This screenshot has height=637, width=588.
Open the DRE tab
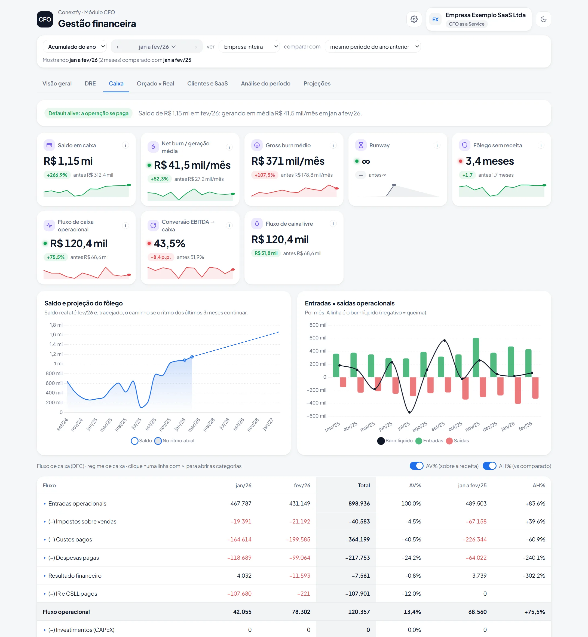(x=90, y=83)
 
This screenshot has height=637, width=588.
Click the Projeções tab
(x=317, y=83)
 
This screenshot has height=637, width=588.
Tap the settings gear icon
(x=414, y=19)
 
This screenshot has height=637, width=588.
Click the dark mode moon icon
(x=543, y=19)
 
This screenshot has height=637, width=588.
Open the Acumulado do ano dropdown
(x=75, y=47)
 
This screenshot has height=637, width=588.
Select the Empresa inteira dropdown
(x=249, y=47)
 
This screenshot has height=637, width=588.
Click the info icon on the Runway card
(x=437, y=145)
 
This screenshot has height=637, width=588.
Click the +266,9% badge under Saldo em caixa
(x=57, y=175)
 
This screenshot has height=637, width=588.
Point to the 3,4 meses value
(x=490, y=161)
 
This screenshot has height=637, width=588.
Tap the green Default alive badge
(x=88, y=113)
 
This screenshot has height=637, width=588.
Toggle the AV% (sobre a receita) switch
(x=416, y=466)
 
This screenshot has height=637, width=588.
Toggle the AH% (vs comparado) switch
(x=489, y=466)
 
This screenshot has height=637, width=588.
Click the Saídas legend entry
(x=458, y=441)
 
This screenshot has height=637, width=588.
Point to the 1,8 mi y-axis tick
(x=56, y=325)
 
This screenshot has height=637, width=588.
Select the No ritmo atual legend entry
(x=174, y=441)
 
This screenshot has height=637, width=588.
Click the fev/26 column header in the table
(x=302, y=485)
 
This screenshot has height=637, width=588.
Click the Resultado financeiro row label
(x=75, y=575)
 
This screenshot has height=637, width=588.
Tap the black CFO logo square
(x=45, y=19)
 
